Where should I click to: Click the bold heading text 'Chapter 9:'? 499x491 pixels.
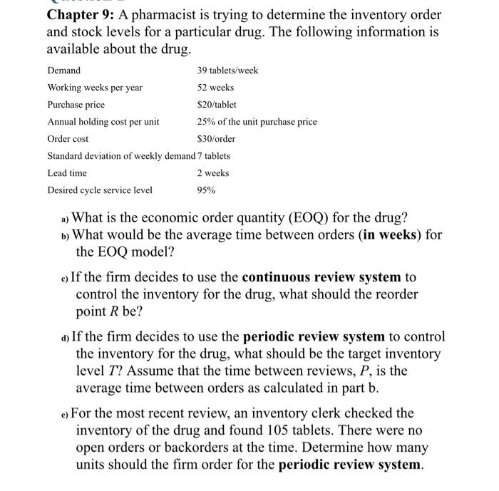(x=81, y=14)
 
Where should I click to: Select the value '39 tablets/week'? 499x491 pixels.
(x=227, y=71)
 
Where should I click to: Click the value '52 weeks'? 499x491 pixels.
(x=215, y=88)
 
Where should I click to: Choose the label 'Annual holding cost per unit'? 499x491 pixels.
(x=103, y=122)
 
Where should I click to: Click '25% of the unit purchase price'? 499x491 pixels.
(x=257, y=122)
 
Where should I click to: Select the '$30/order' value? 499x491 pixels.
(x=216, y=139)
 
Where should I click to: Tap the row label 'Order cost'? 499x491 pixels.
(x=68, y=139)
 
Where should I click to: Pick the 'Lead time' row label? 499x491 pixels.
(x=67, y=173)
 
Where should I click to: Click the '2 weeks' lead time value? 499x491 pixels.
(x=213, y=173)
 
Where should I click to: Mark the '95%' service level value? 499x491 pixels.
(x=206, y=190)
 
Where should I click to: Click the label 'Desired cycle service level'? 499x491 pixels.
(x=99, y=190)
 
